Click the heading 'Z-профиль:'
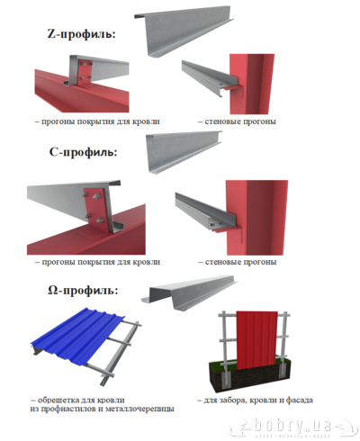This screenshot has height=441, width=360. coord(82,33)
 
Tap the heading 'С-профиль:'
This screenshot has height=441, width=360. coord(83,152)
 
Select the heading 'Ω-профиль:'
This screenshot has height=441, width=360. coord(83,290)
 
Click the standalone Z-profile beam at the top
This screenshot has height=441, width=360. coord(183,31)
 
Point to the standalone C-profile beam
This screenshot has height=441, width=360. coord(184,151)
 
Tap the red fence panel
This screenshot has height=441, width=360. coord(256,340)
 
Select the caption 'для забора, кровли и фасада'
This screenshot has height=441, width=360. coord(258,400)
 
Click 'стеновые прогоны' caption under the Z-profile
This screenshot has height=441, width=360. coord(240,121)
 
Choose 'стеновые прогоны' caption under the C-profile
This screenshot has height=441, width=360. coord(240,262)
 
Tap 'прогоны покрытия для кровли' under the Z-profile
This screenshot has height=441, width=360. coord(101,121)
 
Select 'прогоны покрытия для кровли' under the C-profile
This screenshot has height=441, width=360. coord(101,262)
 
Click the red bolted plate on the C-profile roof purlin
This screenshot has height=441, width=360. coord(97,210)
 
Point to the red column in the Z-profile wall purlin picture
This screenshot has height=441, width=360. coord(252,84)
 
